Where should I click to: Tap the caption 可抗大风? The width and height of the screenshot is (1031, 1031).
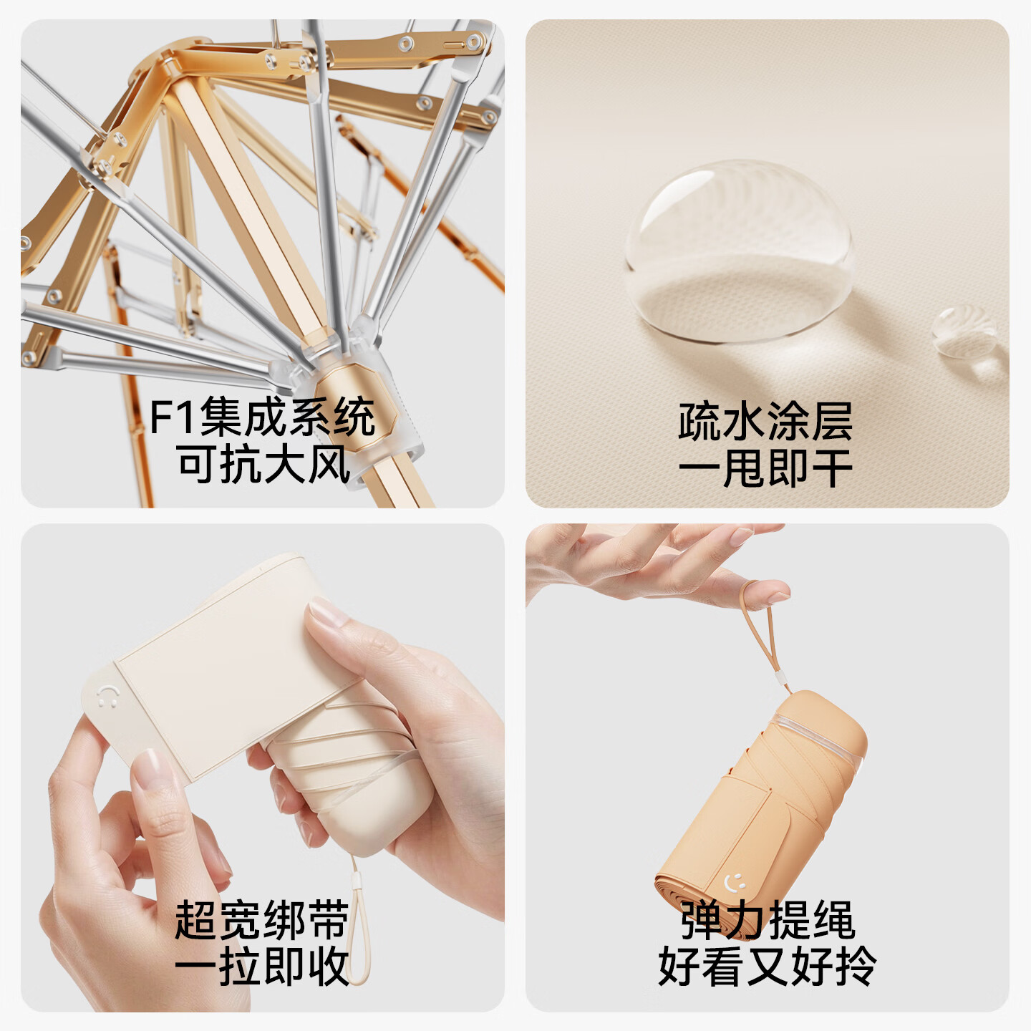point(263,464)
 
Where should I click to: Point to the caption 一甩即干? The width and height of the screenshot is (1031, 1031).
point(765,469)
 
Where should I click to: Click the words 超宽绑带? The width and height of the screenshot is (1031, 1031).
point(262,920)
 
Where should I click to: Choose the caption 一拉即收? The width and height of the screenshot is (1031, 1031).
point(262,967)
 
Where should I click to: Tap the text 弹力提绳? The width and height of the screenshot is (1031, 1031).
point(768,920)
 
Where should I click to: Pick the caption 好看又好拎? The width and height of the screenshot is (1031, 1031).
point(768,967)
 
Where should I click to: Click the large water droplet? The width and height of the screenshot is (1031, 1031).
point(739,251)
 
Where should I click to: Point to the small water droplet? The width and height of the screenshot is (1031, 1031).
point(964,331)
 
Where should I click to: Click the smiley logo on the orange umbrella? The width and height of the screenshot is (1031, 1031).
point(735,882)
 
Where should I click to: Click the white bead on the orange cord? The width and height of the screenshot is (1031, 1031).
point(783,683)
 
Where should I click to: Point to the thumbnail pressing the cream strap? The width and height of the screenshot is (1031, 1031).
point(327,611)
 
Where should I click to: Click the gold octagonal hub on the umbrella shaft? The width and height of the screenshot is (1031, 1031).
point(355,407)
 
